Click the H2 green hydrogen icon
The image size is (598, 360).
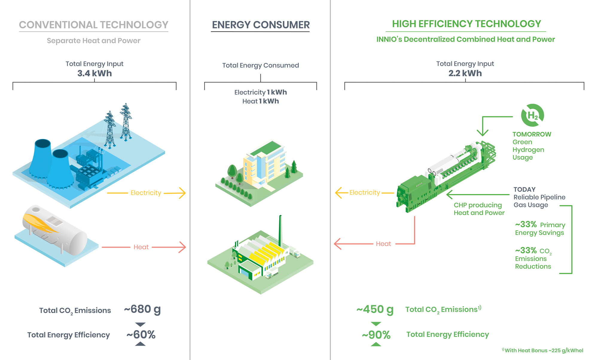[533, 115]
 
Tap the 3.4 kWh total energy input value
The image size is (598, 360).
[94, 73]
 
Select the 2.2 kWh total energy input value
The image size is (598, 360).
[465, 73]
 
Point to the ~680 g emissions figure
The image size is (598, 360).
[142, 309]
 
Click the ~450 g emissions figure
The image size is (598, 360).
[375, 309]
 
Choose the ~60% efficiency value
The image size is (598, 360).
[141, 335]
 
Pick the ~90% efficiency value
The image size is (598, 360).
[376, 335]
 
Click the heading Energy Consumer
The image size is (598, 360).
[261, 25]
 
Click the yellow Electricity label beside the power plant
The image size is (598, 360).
[146, 193]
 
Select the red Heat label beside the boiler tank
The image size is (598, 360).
[141, 247]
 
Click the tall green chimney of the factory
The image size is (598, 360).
[280, 230]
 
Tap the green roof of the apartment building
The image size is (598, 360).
[267, 149]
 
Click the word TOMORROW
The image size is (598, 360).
[532, 134]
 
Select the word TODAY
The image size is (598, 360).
[524, 189]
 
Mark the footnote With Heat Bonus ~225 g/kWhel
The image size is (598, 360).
[544, 350]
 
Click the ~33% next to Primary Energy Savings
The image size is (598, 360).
[526, 224]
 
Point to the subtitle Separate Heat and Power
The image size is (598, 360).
[94, 41]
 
